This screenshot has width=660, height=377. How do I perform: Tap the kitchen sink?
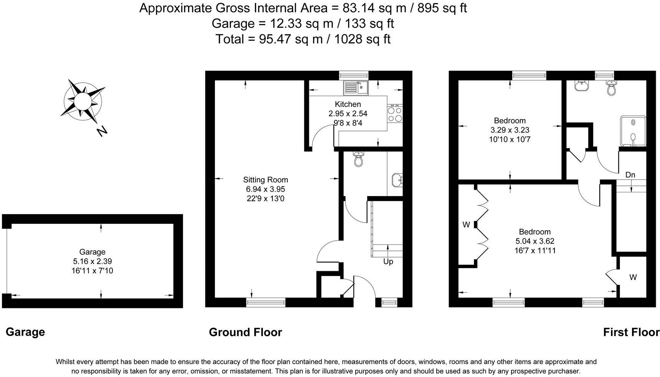(356, 88)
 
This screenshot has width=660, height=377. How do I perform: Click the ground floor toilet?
(359, 159)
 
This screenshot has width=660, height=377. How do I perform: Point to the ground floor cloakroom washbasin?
(397, 179)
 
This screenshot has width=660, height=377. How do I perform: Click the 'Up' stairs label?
(388, 262)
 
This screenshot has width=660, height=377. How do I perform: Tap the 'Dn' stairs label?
(630, 175)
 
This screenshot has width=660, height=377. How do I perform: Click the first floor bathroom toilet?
(611, 88)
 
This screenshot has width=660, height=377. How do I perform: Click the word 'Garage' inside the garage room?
(92, 252)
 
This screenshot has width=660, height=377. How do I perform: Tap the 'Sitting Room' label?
(266, 180)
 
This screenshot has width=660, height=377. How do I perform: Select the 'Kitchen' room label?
(348, 104)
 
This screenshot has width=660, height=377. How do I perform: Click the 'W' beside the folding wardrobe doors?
(466, 225)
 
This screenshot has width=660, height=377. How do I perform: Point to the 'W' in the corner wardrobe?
(633, 277)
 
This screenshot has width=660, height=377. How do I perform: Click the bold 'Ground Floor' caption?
(246, 332)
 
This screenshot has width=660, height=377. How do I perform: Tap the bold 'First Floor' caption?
(631, 332)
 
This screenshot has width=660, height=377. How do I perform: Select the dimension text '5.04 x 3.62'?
(535, 241)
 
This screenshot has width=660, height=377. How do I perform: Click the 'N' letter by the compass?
(102, 131)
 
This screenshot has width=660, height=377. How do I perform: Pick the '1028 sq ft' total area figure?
(362, 39)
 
